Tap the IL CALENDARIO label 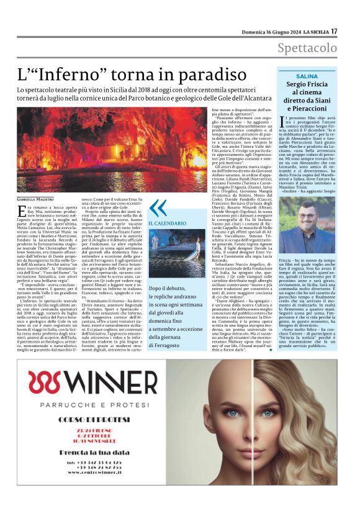(x=166, y=222)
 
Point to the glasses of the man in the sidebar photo (x=308, y=218)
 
